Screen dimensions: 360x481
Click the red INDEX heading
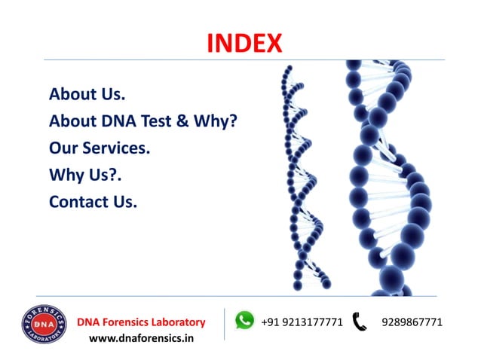click(x=244, y=43)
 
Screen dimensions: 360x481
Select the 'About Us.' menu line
click(x=87, y=94)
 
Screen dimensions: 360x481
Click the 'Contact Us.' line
click(x=93, y=202)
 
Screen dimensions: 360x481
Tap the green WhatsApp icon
click(x=244, y=321)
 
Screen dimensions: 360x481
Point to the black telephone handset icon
click(x=360, y=322)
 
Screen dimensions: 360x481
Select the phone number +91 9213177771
click(x=302, y=322)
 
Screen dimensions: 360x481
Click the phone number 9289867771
click(x=412, y=322)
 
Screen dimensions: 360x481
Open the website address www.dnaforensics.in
click(x=141, y=338)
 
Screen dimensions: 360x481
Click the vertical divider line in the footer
click(x=224, y=328)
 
